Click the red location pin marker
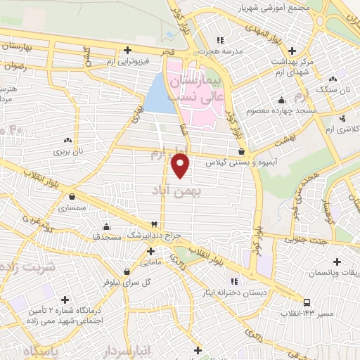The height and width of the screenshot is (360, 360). click(x=181, y=166)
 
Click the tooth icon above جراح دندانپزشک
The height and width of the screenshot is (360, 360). click(x=154, y=223)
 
